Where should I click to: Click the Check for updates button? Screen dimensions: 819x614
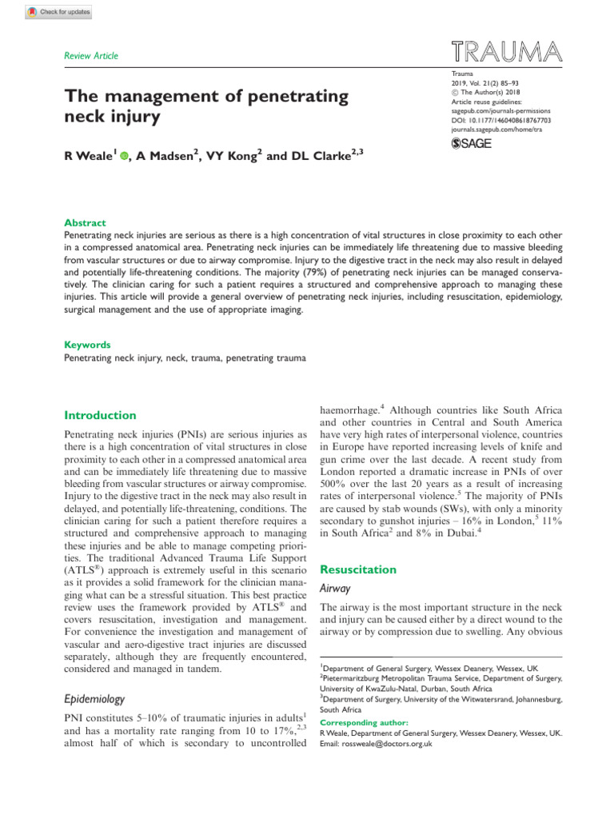click(59, 13)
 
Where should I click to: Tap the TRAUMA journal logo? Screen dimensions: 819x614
click(505, 54)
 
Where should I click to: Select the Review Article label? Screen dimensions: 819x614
click(91, 55)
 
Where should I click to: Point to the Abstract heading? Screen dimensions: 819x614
click(84, 223)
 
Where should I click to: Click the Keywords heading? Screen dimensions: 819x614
click(87, 345)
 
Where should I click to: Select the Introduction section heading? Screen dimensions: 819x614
click(100, 415)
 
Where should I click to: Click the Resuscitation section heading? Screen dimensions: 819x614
click(357, 569)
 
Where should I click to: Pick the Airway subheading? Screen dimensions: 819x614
click(336, 588)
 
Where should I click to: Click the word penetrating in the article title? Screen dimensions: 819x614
click(285, 98)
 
